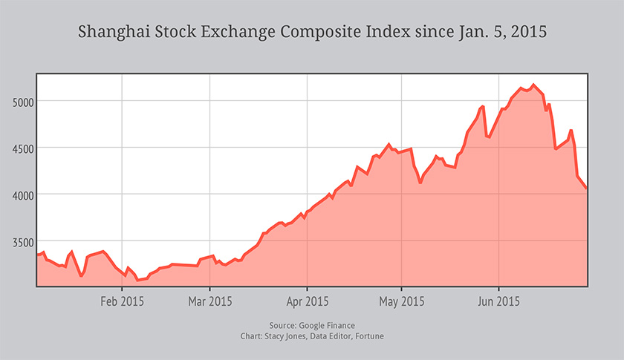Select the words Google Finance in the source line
coord(327,325)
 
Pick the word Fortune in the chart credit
coord(369,336)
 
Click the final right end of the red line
coord(587,189)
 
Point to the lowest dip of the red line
coord(137,280)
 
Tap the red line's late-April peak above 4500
coord(389,145)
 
